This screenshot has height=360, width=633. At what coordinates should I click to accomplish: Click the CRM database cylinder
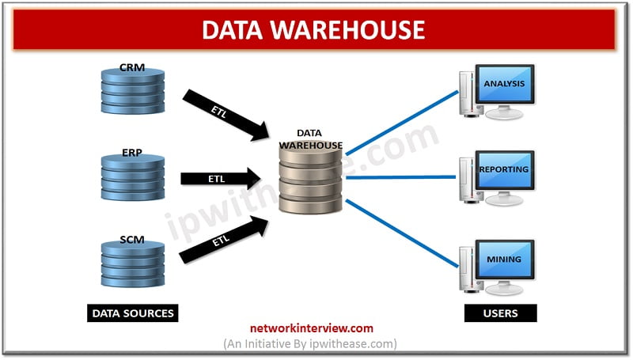(x=133, y=91)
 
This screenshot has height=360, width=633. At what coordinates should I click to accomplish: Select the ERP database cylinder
(x=133, y=177)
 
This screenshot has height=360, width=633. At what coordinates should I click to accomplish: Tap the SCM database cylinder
(x=133, y=264)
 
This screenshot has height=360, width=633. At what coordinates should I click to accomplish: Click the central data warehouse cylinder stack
(x=310, y=180)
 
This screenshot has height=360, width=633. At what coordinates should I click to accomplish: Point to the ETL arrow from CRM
(x=226, y=115)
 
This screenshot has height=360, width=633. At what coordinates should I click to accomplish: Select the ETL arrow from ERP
(x=221, y=178)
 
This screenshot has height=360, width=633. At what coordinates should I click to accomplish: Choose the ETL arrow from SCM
(x=224, y=240)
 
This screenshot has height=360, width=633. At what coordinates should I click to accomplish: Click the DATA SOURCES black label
(x=133, y=313)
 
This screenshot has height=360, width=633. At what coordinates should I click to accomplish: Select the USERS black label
(x=501, y=313)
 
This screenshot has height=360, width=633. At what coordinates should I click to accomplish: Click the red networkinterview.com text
(x=312, y=328)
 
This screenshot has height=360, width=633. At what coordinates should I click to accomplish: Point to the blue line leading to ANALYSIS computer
(x=402, y=123)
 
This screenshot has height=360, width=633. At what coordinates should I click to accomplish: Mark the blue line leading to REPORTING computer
(x=401, y=177)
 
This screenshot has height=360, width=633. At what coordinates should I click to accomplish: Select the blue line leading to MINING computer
(x=402, y=233)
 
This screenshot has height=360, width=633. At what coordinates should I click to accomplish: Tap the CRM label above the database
(x=132, y=67)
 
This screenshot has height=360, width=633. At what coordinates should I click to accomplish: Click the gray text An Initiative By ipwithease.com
(x=310, y=344)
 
